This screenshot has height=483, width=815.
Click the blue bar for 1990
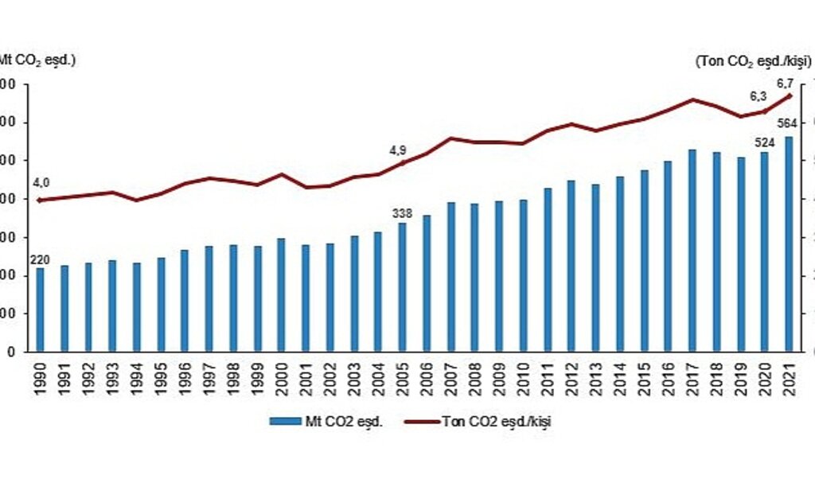click(x=40, y=310)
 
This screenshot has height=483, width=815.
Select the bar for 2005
click(x=402, y=287)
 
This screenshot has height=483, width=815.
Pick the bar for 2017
click(x=692, y=251)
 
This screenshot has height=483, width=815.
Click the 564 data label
click(x=787, y=123)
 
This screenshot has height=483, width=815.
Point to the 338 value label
click(x=402, y=212)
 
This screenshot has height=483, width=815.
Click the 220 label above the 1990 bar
click(x=40, y=259)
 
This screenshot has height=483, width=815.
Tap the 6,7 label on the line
click(x=786, y=83)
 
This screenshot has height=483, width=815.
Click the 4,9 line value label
click(x=398, y=150)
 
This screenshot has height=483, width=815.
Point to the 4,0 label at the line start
click(x=41, y=183)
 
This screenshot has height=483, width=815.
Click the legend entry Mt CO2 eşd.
click(x=327, y=422)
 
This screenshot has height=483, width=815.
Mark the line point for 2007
click(x=450, y=138)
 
